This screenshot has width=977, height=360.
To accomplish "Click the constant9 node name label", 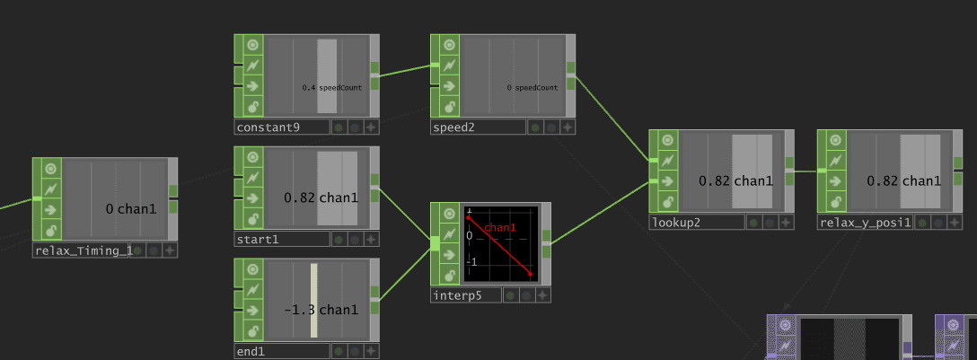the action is pos(268,127).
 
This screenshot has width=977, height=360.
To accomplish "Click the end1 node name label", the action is pos(251,352).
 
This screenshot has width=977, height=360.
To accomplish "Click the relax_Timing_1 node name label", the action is pos(81,251).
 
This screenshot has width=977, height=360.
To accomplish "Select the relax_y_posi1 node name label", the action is pos(865,223).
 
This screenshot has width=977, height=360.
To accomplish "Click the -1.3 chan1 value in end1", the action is pos(321,310).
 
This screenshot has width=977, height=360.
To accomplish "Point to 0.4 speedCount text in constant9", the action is pos(332,88).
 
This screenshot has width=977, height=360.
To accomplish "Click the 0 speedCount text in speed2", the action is pos(533,88).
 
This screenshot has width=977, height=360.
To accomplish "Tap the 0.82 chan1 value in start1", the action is pos(321,198).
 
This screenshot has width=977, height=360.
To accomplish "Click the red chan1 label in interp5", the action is pos(499,228).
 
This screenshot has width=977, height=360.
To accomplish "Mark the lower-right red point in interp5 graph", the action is pos(530,274).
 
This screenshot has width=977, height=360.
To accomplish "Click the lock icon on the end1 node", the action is pos(252,330).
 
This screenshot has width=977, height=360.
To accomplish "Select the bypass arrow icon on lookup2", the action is pos(667,181).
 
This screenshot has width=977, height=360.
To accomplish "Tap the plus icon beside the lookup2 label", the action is pos(787,223).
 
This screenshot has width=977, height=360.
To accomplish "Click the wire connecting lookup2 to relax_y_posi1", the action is pos(806,171).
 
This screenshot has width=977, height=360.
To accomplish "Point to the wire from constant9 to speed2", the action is pos(405,70).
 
